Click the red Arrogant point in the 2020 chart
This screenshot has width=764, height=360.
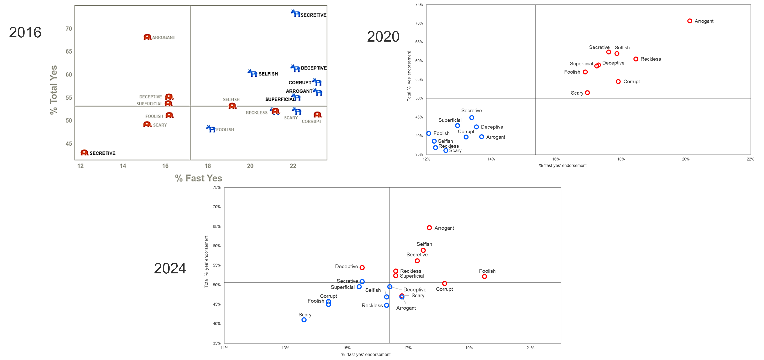pos(689,21)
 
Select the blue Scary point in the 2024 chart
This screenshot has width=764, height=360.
pos(304,320)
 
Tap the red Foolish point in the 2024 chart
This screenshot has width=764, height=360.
pos(484,276)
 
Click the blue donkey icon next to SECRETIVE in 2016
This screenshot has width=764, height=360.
pos(295,13)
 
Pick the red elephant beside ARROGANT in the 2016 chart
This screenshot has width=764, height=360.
pos(147,37)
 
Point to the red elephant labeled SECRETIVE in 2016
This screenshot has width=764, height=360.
pos(85,152)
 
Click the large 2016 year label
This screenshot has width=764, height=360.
pos(25,32)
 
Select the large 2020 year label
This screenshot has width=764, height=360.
pos(383,37)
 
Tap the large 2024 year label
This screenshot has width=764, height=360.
pos(170,268)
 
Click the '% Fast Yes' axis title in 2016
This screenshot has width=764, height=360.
pos(198,178)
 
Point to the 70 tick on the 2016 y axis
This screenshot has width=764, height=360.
pos(69,29)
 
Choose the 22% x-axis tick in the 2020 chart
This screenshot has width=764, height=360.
pos(750,159)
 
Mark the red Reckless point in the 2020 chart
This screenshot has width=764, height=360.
pos(636,59)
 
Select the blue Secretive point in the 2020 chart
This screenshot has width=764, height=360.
pos(471,118)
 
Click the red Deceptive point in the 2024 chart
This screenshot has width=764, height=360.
pos(362,267)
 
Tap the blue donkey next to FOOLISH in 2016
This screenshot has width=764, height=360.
pos(211,129)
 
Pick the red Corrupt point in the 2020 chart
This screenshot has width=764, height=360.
pos(618,82)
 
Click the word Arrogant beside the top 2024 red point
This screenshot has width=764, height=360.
pos(444,228)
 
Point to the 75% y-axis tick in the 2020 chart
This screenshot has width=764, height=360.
pos(419,5)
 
